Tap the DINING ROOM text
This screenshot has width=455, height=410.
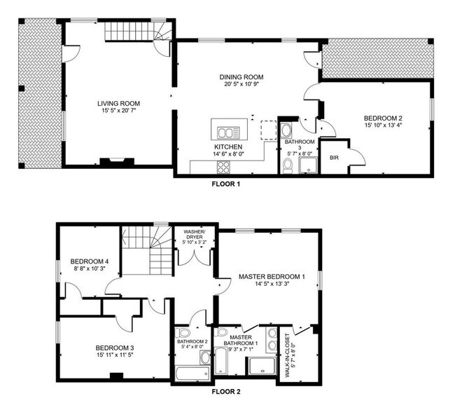[241, 77]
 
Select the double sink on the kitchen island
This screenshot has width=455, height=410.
[227, 132]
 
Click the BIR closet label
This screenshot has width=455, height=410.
[335, 158]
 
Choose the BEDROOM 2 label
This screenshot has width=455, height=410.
[382, 118]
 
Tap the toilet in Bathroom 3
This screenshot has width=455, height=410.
[288, 165]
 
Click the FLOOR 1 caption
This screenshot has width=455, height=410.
[226, 184]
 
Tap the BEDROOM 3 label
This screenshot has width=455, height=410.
[115, 347]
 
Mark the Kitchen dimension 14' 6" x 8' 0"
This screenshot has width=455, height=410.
[227, 154]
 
